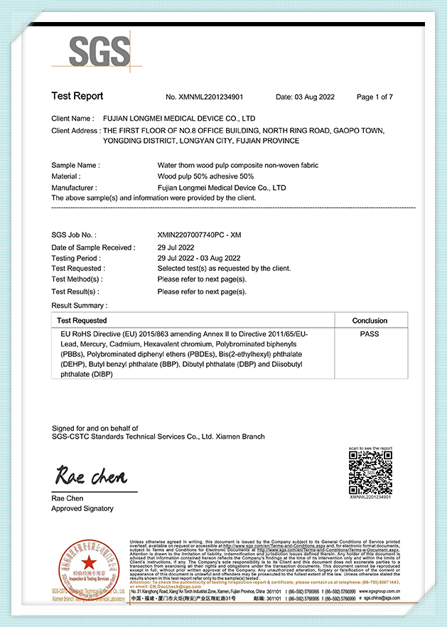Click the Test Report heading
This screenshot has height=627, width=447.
[77, 96]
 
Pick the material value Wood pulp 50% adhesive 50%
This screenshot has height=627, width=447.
[205, 176]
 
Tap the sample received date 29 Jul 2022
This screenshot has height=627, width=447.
[175, 247]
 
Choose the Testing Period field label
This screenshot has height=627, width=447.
[76, 258]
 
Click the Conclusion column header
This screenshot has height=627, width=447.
[370, 321]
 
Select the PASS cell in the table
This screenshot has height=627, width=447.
[370, 334]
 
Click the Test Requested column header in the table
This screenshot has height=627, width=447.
[82, 321]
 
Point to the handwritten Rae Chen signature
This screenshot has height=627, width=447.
[91, 474]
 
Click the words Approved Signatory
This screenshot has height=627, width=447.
[82, 508]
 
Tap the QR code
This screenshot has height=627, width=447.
[370, 473]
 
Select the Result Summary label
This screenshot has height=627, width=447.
[79, 305]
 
